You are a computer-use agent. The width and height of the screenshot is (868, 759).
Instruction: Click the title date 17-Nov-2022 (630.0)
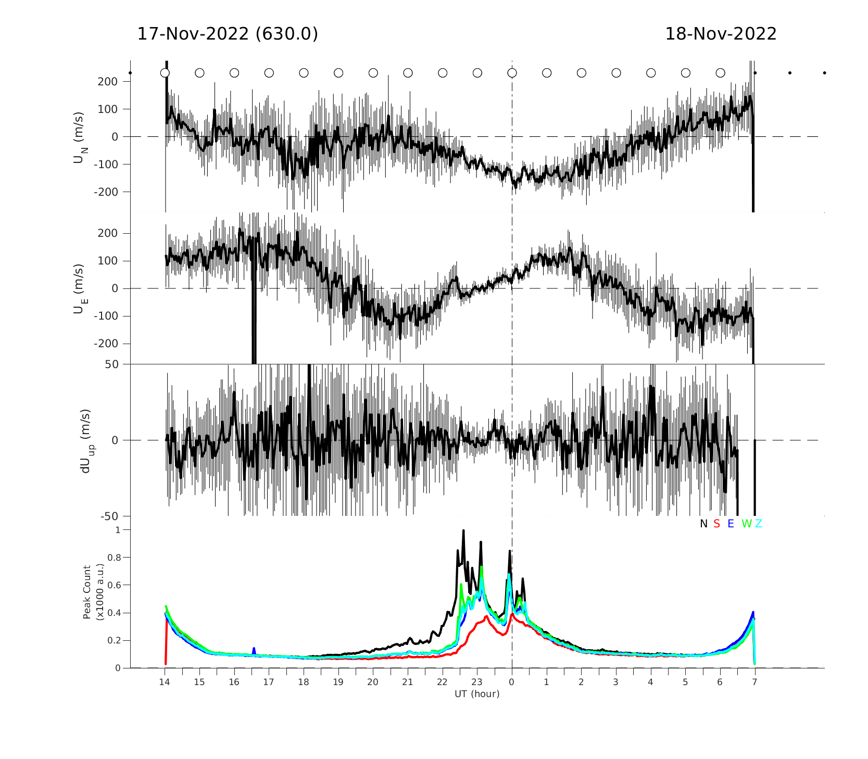tap(228, 34)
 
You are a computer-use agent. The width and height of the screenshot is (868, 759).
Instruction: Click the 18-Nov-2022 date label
tap(721, 34)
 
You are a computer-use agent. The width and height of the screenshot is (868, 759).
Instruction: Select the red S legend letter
tap(716, 524)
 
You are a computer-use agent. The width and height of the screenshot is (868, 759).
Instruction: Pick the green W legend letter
tap(747, 524)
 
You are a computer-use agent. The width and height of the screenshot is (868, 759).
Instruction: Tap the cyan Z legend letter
tap(759, 524)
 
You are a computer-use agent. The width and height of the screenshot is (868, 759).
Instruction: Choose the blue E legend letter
tap(731, 524)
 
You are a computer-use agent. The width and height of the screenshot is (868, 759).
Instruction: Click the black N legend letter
tap(703, 524)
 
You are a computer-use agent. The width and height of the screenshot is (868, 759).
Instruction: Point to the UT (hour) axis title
tap(477, 694)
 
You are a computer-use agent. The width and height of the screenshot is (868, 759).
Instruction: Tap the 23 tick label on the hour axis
tap(477, 682)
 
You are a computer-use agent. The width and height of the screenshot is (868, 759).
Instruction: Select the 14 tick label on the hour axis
tap(165, 682)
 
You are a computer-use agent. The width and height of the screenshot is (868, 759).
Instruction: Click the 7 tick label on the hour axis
tap(754, 682)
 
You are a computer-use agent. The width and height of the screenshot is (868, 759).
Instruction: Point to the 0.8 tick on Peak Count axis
tap(114, 558)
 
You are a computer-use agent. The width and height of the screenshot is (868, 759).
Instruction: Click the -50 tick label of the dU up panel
tap(109, 516)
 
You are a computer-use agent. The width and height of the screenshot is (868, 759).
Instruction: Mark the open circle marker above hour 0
tap(512, 73)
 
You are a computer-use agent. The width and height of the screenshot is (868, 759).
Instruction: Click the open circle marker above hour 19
tap(338, 73)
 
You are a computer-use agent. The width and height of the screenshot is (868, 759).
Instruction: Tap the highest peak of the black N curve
tap(463, 531)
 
